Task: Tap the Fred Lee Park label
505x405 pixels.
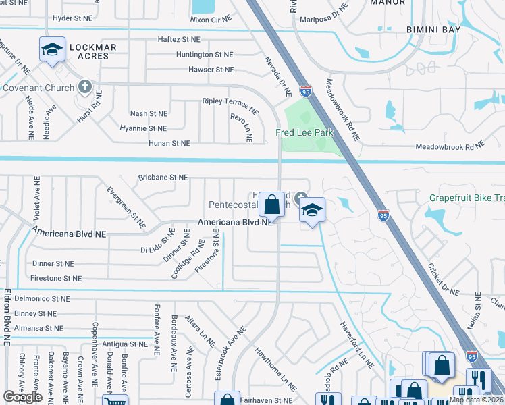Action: (x=304, y=133)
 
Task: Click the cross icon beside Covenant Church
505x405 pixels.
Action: (x=84, y=87)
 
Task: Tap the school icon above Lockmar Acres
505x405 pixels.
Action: (x=52, y=49)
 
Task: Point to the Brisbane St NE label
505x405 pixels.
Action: (x=163, y=177)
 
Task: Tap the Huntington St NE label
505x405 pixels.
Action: (x=204, y=55)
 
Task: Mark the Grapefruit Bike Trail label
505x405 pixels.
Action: (x=467, y=198)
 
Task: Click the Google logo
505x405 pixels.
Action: (x=22, y=397)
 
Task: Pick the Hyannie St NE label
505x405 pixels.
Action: (x=142, y=128)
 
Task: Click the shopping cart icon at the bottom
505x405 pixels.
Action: (x=114, y=401)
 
